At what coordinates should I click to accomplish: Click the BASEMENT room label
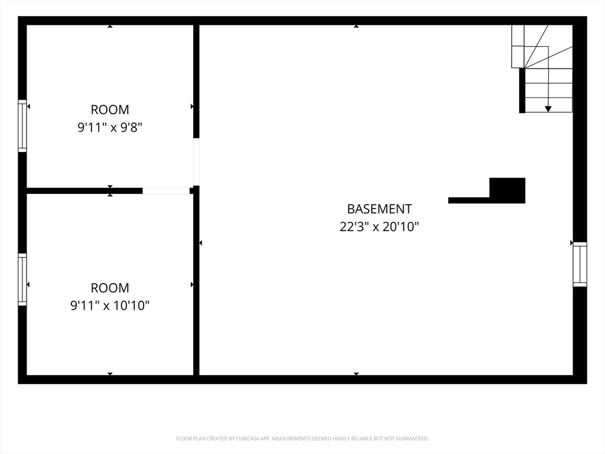tap(379, 209)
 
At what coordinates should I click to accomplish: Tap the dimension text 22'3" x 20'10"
tap(379, 226)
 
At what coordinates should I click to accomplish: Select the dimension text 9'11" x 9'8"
tap(110, 127)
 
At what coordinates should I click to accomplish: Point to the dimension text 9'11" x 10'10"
tap(110, 306)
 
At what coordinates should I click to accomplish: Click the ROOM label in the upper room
tap(110, 109)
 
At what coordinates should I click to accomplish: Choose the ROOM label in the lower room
tap(110, 288)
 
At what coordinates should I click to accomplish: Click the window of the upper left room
tap(22, 126)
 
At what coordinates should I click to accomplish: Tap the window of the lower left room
tap(22, 280)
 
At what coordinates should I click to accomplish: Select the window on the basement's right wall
tap(580, 264)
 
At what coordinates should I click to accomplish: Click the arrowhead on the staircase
tap(548, 109)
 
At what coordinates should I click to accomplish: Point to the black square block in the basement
tap(507, 190)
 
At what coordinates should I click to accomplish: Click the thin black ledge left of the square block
tap(469, 200)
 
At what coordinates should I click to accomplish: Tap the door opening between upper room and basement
tap(196, 162)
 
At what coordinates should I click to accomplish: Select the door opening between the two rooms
tap(166, 191)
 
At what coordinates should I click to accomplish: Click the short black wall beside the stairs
tap(522, 90)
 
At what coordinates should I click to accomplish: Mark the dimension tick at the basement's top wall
tap(356, 26)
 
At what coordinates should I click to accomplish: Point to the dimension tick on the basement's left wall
tap(201, 243)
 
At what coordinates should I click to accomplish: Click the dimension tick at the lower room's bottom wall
tap(110, 374)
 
